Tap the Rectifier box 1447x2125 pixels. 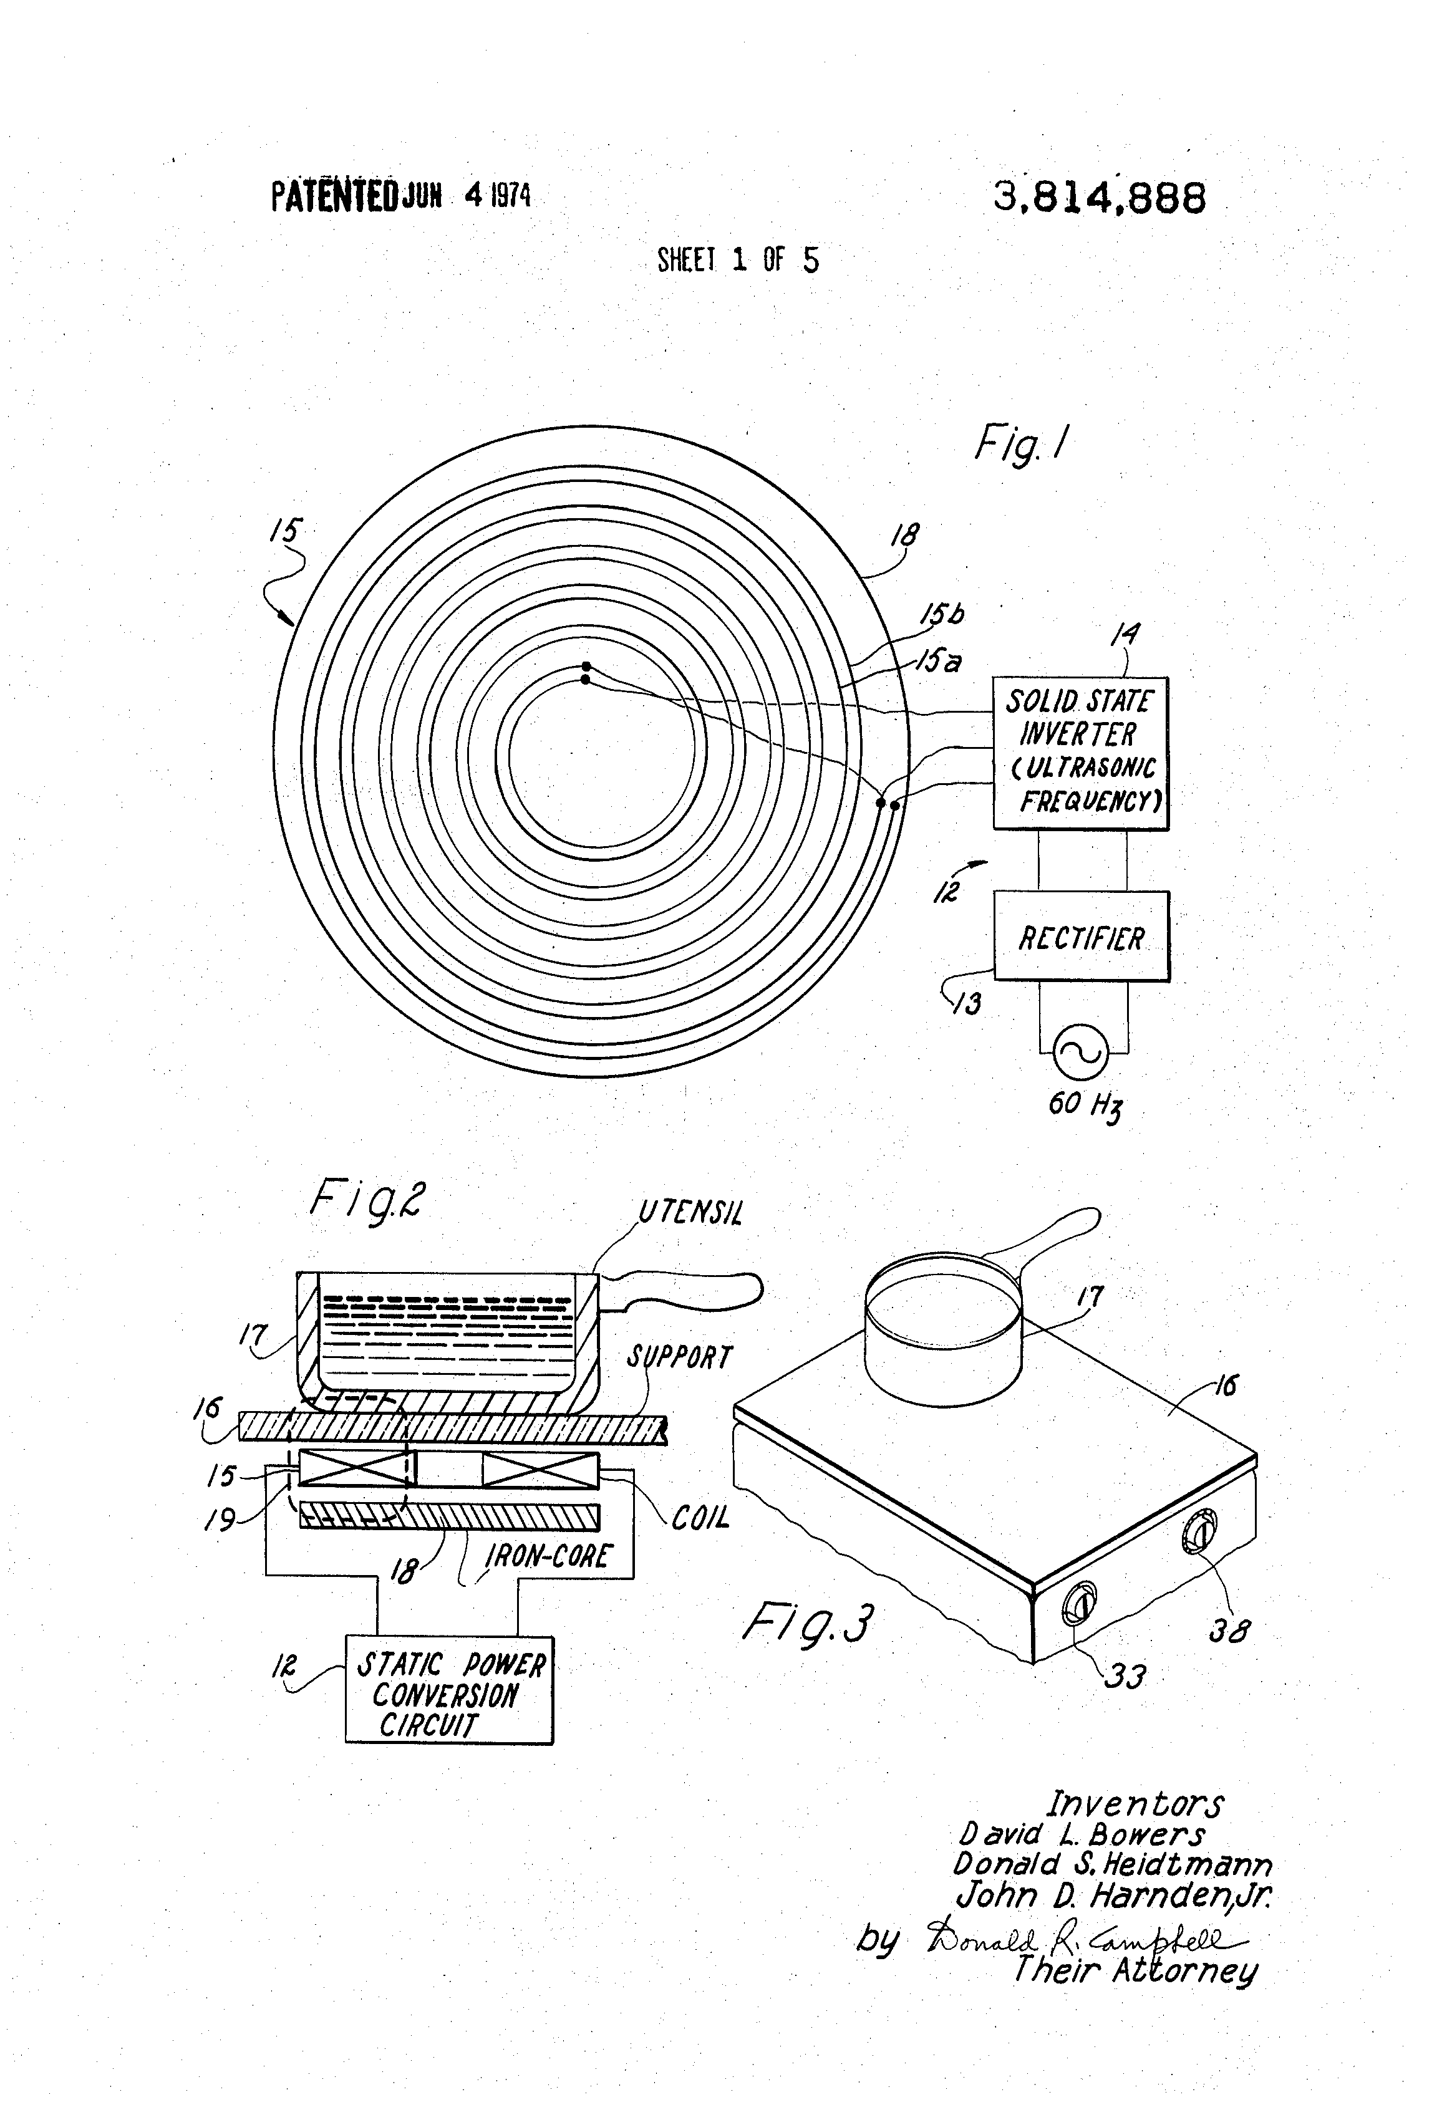coord(1081,937)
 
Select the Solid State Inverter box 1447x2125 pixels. coord(1080,753)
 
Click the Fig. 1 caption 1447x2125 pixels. coord(1021,445)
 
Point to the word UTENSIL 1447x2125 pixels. coord(690,1213)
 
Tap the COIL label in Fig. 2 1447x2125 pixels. coord(700,1518)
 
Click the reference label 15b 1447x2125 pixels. coord(941,614)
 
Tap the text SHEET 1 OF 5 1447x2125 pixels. coord(738,261)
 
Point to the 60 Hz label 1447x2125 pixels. coord(1085,1104)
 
